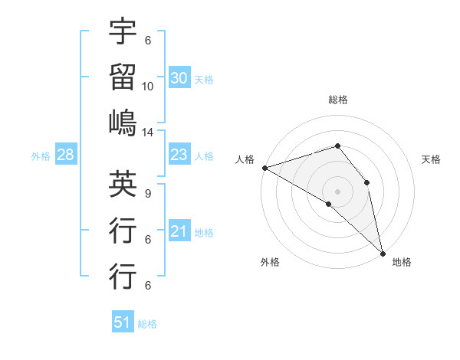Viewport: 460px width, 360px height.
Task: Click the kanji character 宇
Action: [123, 32]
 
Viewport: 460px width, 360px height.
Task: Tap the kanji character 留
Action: [123, 77]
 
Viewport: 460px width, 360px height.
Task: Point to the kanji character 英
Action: [123, 184]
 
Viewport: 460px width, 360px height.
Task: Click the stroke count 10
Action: [148, 87]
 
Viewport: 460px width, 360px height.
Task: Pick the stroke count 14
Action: [148, 133]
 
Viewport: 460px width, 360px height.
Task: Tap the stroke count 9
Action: [148, 193]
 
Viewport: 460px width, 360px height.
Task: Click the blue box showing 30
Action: [179, 78]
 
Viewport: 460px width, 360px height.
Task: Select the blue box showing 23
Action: [179, 155]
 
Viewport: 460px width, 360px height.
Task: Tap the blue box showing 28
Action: [66, 155]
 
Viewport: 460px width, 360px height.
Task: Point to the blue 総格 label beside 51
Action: [147, 324]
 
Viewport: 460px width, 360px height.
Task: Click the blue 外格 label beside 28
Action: [41, 156]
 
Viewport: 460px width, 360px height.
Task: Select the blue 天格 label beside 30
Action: [204, 79]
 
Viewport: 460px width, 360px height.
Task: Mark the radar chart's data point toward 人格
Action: [264, 167]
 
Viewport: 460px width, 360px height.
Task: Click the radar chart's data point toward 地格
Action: [383, 252]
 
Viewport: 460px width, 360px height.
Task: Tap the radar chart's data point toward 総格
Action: [337, 146]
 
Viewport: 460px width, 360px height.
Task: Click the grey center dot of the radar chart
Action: [337, 191]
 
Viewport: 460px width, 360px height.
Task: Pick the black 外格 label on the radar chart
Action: [270, 262]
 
